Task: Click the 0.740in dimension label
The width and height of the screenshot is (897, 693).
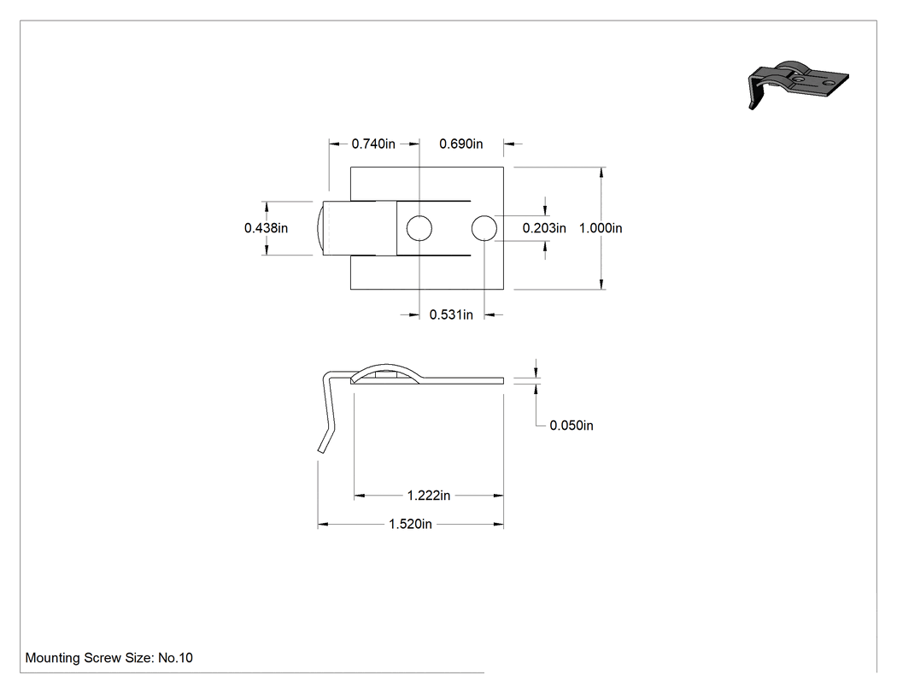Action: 373,144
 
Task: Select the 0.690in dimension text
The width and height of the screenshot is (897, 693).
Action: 460,144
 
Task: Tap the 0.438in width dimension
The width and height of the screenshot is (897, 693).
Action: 266,228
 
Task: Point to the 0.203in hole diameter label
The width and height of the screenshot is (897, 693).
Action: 544,228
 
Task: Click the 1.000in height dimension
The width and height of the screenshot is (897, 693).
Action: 601,228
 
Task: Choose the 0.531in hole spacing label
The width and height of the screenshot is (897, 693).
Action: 451,314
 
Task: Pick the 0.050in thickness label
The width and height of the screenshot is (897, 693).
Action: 572,426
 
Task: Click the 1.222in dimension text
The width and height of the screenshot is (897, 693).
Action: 429,495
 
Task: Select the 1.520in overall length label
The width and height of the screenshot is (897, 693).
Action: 410,524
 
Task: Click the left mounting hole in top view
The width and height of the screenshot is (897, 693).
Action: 419,228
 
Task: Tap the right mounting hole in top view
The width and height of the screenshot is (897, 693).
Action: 484,228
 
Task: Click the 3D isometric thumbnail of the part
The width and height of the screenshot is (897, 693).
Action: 798,83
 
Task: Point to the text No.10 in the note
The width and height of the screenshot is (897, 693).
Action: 175,657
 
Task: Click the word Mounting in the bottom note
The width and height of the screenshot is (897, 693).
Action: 53,658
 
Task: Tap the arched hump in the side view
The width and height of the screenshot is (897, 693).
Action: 386,365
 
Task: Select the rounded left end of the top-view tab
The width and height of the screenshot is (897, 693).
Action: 320,228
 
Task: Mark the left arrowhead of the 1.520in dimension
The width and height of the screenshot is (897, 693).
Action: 323,524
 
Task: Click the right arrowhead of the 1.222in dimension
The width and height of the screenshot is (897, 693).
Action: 498,495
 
